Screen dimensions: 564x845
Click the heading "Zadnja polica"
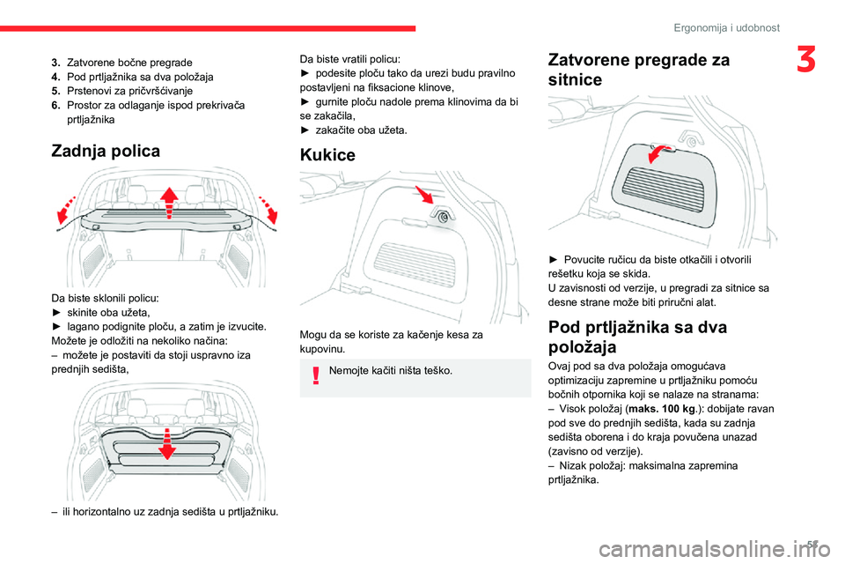pyautogui.click(x=107, y=151)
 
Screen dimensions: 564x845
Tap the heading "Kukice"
pyautogui.click(x=327, y=155)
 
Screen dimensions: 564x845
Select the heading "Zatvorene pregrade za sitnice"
pyautogui.click(x=638, y=70)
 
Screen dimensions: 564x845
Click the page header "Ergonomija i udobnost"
pyautogui.click(x=726, y=28)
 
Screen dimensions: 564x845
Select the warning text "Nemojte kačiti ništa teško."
pyautogui.click(x=391, y=370)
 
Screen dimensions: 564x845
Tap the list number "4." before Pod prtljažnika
pyautogui.click(x=56, y=77)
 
